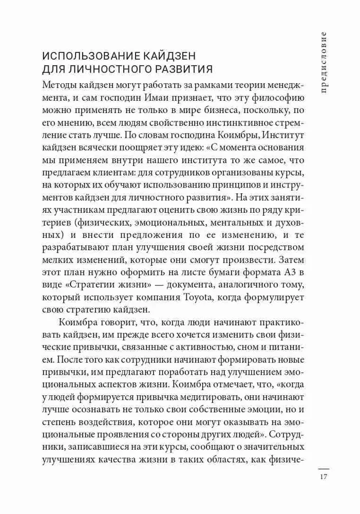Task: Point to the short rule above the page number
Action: [x=323, y=468]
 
